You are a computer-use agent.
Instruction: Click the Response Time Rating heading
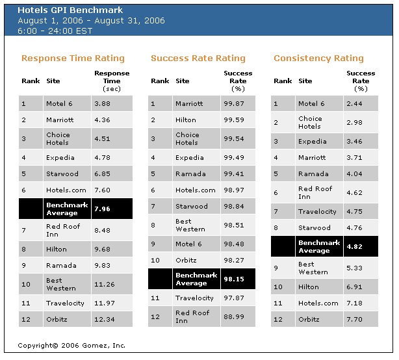(x=73, y=58)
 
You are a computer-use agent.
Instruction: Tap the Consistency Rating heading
(x=318, y=58)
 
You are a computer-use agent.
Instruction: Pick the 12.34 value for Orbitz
(x=106, y=319)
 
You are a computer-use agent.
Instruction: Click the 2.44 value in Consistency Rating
(x=355, y=103)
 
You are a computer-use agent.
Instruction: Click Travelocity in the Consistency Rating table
(x=318, y=211)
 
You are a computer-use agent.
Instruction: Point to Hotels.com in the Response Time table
(x=66, y=190)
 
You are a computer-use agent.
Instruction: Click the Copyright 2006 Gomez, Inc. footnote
(x=71, y=346)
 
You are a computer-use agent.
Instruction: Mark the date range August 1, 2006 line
(x=91, y=21)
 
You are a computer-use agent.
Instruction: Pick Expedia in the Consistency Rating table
(x=312, y=140)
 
